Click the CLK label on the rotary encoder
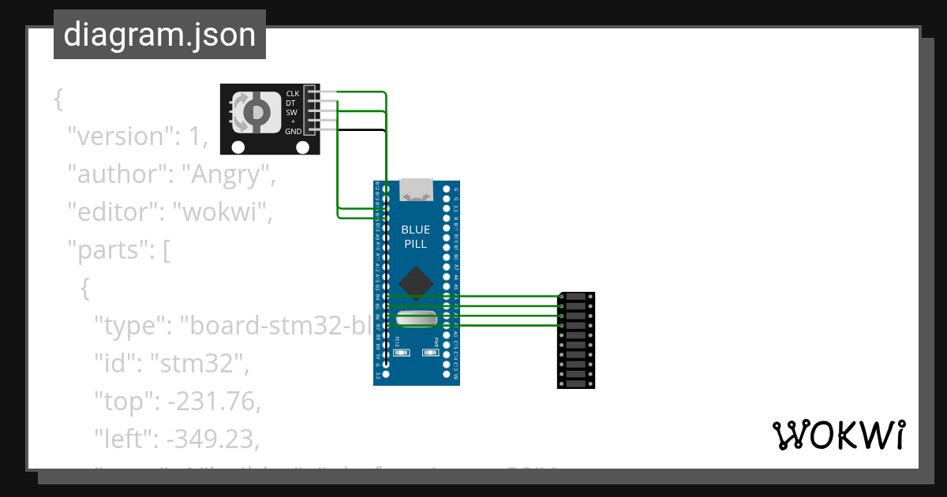pyautogui.click(x=292, y=94)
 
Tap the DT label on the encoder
pyautogui.click(x=291, y=103)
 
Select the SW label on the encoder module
pyautogui.click(x=291, y=113)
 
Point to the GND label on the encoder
pyautogui.click(x=293, y=132)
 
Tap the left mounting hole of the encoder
pyautogui.click(x=238, y=147)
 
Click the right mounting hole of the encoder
pyautogui.click(x=301, y=147)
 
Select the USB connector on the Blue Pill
pyautogui.click(x=416, y=189)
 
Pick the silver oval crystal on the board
pyautogui.click(x=416, y=319)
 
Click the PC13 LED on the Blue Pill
pyautogui.click(x=400, y=353)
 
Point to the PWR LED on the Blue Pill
pyautogui.click(x=431, y=353)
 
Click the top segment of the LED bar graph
pyautogui.click(x=576, y=297)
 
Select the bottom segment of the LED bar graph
pyautogui.click(x=576, y=383)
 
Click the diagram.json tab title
pyautogui.click(x=159, y=35)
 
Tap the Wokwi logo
pyautogui.click(x=838, y=435)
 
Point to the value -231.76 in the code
pyautogui.click(x=212, y=402)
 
